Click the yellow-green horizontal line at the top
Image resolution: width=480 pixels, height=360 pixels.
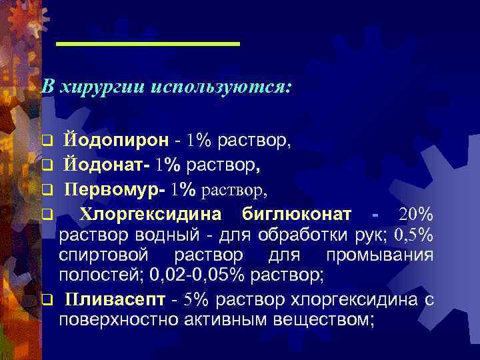point(147,44)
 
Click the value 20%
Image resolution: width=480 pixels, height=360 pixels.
point(416,215)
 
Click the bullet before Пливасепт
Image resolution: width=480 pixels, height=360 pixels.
point(46,300)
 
